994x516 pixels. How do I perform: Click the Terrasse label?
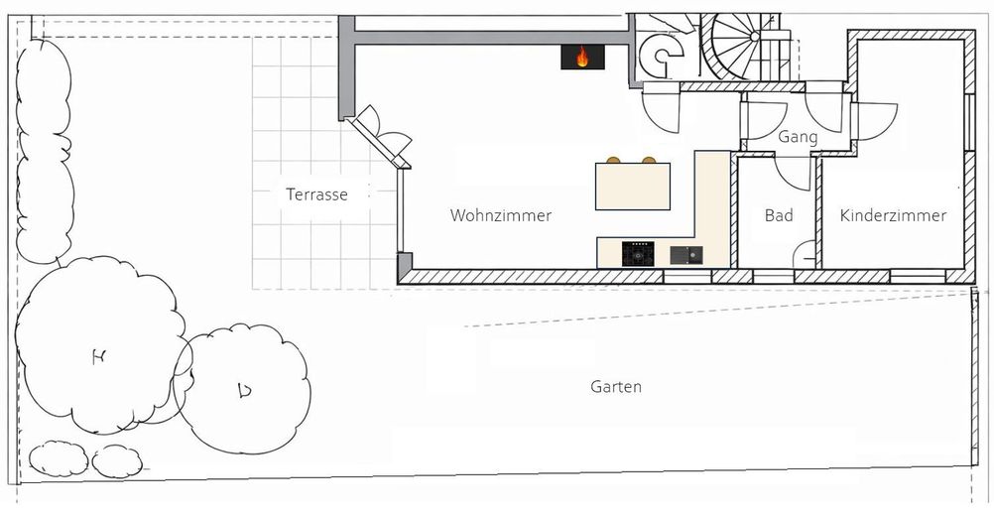pyautogui.click(x=316, y=193)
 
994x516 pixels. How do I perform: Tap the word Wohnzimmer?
pyautogui.click(x=501, y=215)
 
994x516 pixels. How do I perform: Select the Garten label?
pyautogui.click(x=615, y=386)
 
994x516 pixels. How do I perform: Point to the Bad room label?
pyautogui.click(x=779, y=215)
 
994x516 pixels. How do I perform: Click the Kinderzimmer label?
pyautogui.click(x=893, y=215)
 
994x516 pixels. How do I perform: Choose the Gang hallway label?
pyautogui.click(x=798, y=136)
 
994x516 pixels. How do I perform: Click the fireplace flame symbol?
pyautogui.click(x=582, y=57)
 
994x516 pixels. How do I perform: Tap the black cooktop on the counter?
pyautogui.click(x=638, y=254)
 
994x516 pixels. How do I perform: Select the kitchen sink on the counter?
pyautogui.click(x=686, y=255)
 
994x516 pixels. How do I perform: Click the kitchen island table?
pyautogui.click(x=633, y=187)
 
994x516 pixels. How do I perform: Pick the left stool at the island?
pyautogui.click(x=613, y=160)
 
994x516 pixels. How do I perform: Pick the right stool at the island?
pyautogui.click(x=649, y=160)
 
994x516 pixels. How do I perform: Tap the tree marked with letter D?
pyautogui.click(x=243, y=388)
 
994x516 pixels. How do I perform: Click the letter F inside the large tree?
pyautogui.click(x=98, y=357)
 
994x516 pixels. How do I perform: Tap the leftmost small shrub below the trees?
pyautogui.click(x=59, y=458)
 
